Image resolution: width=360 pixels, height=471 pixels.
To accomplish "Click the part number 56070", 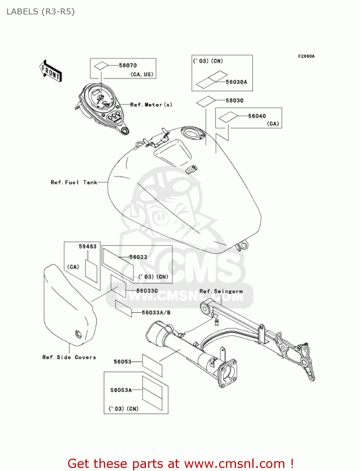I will point(128,65).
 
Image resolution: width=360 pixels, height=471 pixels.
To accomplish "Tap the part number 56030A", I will point(236,82).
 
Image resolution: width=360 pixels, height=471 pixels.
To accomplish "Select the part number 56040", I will point(257,116).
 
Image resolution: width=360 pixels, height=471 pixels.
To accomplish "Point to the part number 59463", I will point(87,246).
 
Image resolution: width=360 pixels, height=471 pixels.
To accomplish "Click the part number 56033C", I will point(147,291).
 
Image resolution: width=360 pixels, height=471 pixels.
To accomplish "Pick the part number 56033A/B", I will point(156,312).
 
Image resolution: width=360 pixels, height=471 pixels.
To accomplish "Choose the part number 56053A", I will point(121,390).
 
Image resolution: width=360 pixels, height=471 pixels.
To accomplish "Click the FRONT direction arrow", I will point(51,71).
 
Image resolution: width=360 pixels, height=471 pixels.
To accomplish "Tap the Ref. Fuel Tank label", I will point(74,182).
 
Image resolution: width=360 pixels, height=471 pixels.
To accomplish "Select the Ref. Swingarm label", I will point(221,291).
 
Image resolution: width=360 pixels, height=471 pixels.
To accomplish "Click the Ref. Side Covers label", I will point(69,357).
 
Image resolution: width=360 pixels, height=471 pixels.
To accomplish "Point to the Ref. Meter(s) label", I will point(151,105).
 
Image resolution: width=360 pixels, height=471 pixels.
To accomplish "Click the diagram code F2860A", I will point(306,56).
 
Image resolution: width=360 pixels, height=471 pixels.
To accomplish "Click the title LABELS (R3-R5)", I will point(40,12).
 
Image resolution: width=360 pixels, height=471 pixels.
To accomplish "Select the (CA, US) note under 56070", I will point(142,74).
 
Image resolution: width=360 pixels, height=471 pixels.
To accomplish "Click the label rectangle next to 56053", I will point(152,365).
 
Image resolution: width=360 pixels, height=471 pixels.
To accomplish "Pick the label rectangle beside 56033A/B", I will point(123,308).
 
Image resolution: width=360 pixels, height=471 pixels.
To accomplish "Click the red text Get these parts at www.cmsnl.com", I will point(180,463).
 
